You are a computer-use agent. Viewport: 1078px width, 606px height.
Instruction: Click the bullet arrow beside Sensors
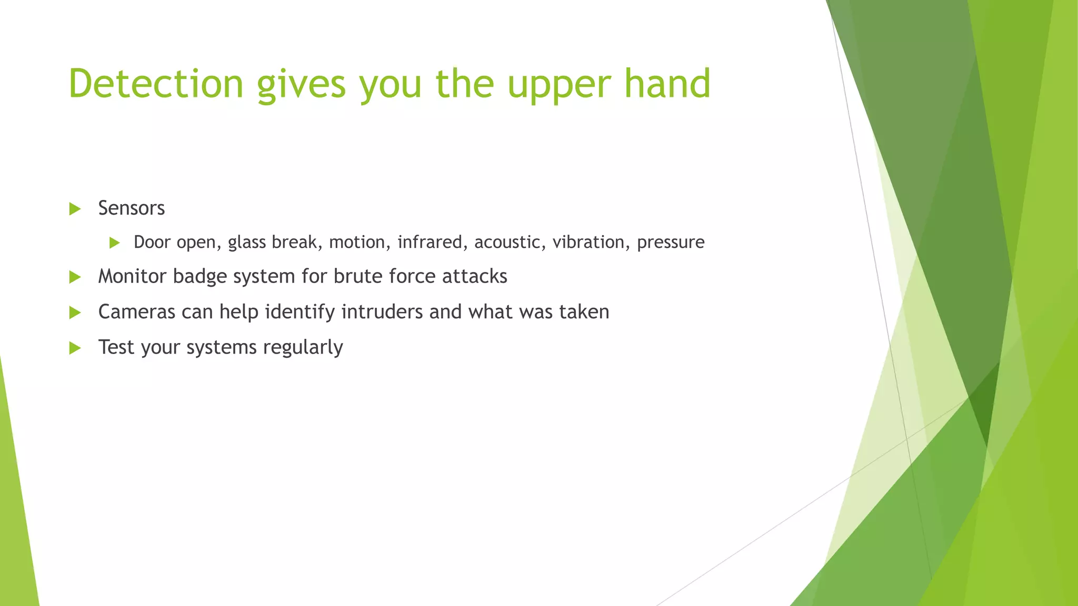[75, 209]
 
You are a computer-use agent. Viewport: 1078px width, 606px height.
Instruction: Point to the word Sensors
[131, 208]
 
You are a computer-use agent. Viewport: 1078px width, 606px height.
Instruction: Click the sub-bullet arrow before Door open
[114, 243]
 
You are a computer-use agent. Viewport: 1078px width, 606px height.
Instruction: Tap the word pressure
[670, 243]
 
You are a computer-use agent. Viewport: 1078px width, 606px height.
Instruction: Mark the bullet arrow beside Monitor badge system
[75, 277]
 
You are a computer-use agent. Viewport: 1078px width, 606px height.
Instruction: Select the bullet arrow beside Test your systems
[75, 348]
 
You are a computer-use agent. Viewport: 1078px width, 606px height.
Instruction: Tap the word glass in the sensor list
[246, 243]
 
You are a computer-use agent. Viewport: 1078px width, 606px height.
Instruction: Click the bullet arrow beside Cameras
[75, 312]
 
